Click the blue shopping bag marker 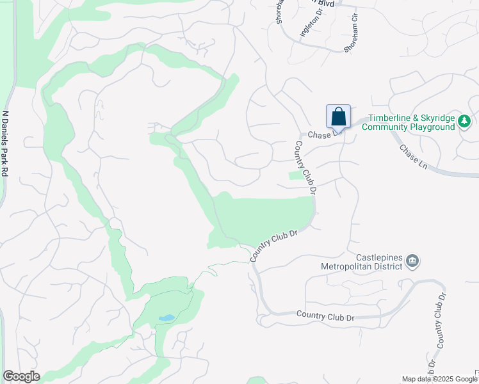pos(338,118)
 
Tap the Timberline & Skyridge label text pos(409,118)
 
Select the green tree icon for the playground pos(465,121)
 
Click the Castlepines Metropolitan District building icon pos(412,260)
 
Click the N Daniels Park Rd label pos(6,144)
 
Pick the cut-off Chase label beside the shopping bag pos(319,134)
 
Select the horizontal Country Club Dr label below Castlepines pos(325,316)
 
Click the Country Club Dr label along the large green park pos(275,245)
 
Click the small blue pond pos(165,317)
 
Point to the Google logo pos(21,376)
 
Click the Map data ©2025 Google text pos(439,379)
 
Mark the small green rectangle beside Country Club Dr pos(294,175)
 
